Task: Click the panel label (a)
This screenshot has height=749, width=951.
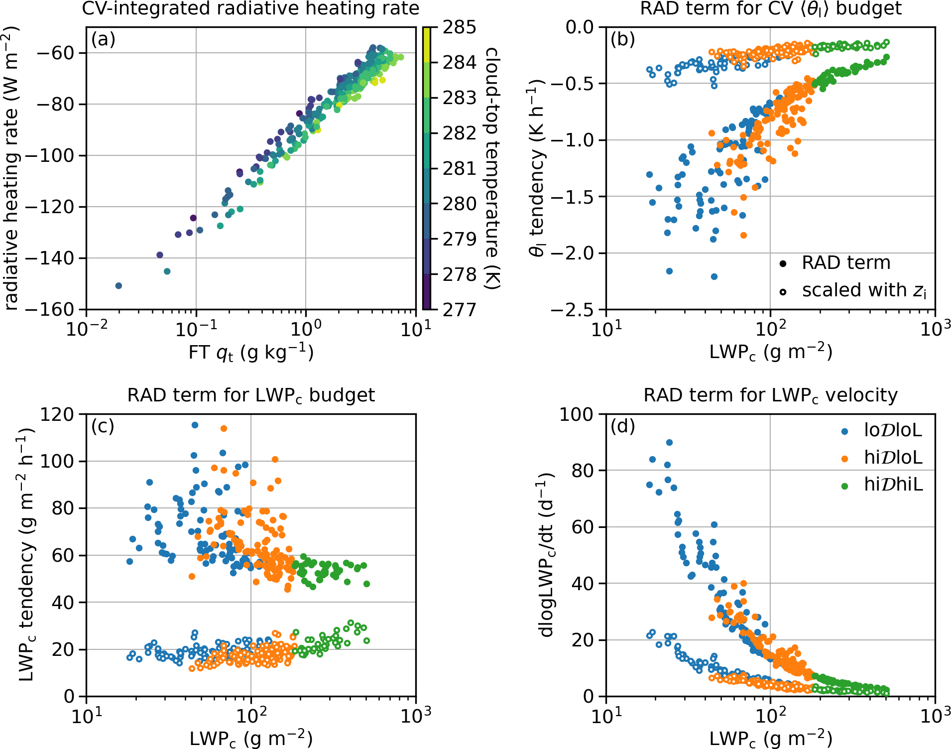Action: click(x=103, y=39)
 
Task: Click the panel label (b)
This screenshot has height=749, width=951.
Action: click(x=623, y=39)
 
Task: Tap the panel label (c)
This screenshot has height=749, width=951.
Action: click(x=103, y=426)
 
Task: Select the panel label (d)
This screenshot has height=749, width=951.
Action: click(x=623, y=426)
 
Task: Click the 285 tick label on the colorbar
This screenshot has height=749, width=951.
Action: click(x=459, y=27)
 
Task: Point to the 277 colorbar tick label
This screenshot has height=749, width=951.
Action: click(x=459, y=310)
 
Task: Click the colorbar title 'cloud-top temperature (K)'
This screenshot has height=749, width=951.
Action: click(x=491, y=168)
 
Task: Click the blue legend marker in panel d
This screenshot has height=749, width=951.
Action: click(x=844, y=431)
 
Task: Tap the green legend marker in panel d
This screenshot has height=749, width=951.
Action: click(x=844, y=486)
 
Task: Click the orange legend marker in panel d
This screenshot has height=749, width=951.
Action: click(x=844, y=458)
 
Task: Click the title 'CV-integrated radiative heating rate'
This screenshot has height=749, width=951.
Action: click(x=250, y=8)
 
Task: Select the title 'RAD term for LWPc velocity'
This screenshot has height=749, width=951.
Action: click(x=770, y=395)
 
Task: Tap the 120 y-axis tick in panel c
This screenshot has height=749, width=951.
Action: click(x=56, y=414)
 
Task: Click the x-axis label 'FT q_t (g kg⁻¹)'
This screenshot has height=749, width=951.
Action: click(x=250, y=353)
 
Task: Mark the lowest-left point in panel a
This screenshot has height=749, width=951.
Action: click(x=119, y=286)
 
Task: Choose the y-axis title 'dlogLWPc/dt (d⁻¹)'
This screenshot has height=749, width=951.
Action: click(x=546, y=555)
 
